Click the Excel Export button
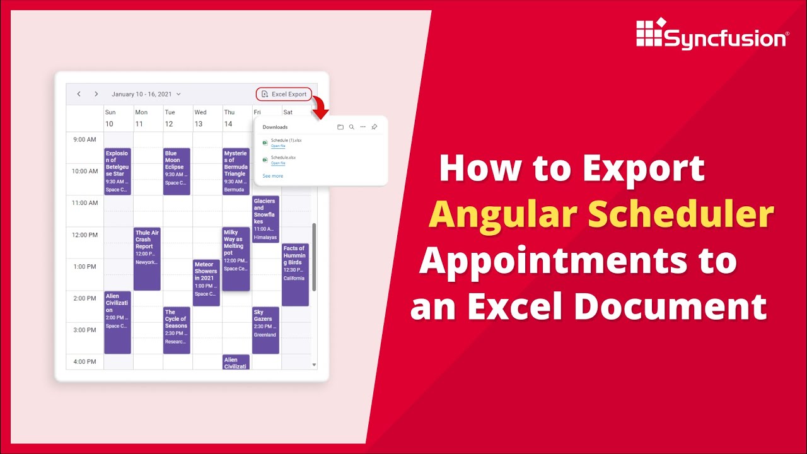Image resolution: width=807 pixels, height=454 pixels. tap(284, 94)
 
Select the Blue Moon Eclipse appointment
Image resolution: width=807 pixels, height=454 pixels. tap(177, 171)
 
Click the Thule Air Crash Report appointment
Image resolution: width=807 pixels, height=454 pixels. tap(147, 259)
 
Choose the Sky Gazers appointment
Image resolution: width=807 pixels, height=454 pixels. tap(265, 330)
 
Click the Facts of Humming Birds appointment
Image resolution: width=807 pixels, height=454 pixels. tap(295, 274)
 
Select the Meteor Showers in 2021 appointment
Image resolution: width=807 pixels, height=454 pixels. tap(206, 282)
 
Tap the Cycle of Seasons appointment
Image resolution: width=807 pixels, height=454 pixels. tap(177, 330)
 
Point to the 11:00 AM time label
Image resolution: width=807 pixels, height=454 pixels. tap(84, 203)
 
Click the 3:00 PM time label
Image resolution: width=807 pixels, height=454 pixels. tap(84, 330)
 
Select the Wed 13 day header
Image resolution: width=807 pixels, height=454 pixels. tap(200, 118)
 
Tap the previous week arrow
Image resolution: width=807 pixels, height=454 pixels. tap(79, 94)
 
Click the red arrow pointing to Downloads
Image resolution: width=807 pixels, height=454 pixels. tap(320, 108)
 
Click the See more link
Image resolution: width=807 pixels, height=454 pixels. tap(272, 176)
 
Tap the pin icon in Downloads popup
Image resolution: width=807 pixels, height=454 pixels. tap(374, 127)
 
